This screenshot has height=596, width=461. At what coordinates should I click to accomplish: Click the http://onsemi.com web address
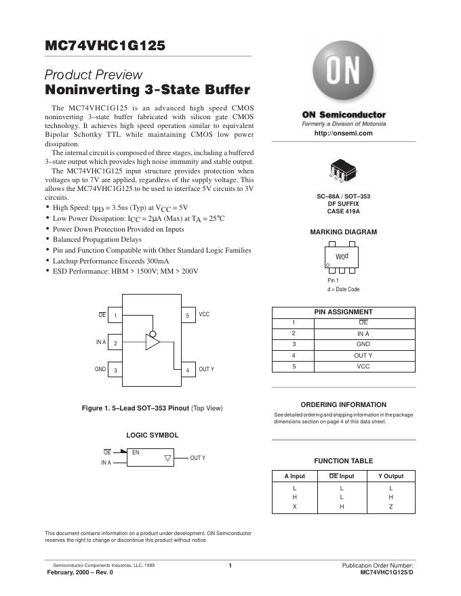[344, 133]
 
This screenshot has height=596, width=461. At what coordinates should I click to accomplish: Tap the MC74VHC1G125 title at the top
[104, 46]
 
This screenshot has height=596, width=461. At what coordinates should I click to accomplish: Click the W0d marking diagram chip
[342, 257]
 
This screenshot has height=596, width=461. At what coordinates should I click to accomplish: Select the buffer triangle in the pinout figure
[153, 343]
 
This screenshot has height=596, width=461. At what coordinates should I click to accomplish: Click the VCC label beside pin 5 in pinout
[204, 315]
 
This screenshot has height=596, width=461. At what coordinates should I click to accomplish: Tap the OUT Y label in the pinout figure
[206, 369]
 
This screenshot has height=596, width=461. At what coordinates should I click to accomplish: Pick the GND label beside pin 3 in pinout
[100, 369]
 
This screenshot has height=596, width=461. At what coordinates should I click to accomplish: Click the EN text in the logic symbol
[136, 452]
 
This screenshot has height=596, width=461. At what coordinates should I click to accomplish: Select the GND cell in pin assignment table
[363, 345]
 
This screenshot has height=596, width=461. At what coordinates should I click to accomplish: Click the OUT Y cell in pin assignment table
[363, 356]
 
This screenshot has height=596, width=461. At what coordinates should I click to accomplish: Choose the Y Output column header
[390, 476]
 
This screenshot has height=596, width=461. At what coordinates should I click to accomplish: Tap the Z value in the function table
[390, 507]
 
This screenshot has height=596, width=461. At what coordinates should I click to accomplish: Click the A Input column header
[294, 476]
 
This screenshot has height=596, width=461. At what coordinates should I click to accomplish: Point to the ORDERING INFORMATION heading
[343, 404]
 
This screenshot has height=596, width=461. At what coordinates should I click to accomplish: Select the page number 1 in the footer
[230, 566]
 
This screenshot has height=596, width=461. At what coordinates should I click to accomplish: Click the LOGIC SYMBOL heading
[153, 435]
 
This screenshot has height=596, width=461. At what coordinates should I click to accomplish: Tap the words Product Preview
[94, 74]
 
